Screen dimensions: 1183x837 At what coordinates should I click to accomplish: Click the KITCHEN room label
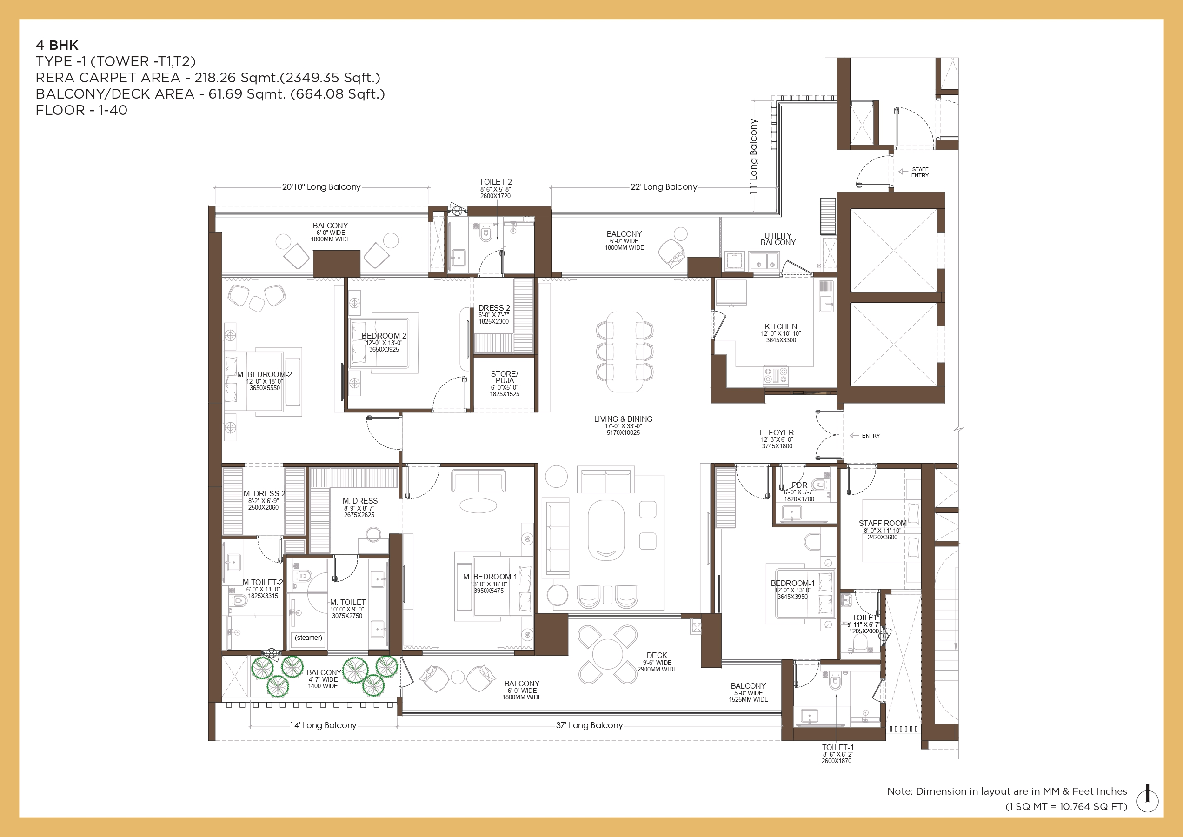[x=780, y=327]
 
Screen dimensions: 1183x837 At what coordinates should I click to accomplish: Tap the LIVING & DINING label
[x=623, y=419]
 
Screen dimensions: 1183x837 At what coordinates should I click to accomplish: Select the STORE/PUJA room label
[x=505, y=377]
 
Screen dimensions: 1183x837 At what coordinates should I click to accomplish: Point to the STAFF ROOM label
[x=883, y=523]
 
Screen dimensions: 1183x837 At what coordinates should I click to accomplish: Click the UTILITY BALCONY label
[x=778, y=239]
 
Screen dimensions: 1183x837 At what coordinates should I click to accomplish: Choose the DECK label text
[x=657, y=655]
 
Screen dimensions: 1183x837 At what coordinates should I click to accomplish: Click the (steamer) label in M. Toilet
[x=308, y=638]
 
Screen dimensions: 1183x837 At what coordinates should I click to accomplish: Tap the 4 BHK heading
[x=57, y=46]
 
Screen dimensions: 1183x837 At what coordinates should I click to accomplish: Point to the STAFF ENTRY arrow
[x=903, y=172]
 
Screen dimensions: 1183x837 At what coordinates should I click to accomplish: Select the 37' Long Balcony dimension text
[x=589, y=725]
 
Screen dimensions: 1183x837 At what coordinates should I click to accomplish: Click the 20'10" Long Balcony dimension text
[x=321, y=186]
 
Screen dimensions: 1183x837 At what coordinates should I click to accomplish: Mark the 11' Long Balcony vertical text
[x=754, y=156]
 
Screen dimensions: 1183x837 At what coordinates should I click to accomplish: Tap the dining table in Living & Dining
[x=625, y=352]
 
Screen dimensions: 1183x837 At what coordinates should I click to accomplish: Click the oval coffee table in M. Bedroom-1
[x=478, y=505]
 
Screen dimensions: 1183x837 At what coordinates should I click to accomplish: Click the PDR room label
[x=799, y=485]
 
